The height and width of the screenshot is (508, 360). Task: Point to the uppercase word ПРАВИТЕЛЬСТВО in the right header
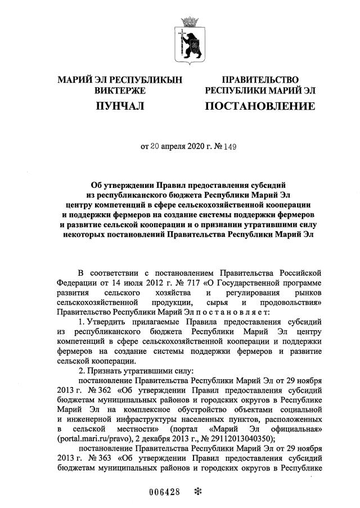260,80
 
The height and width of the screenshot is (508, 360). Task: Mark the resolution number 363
93,460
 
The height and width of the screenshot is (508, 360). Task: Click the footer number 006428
165,491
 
